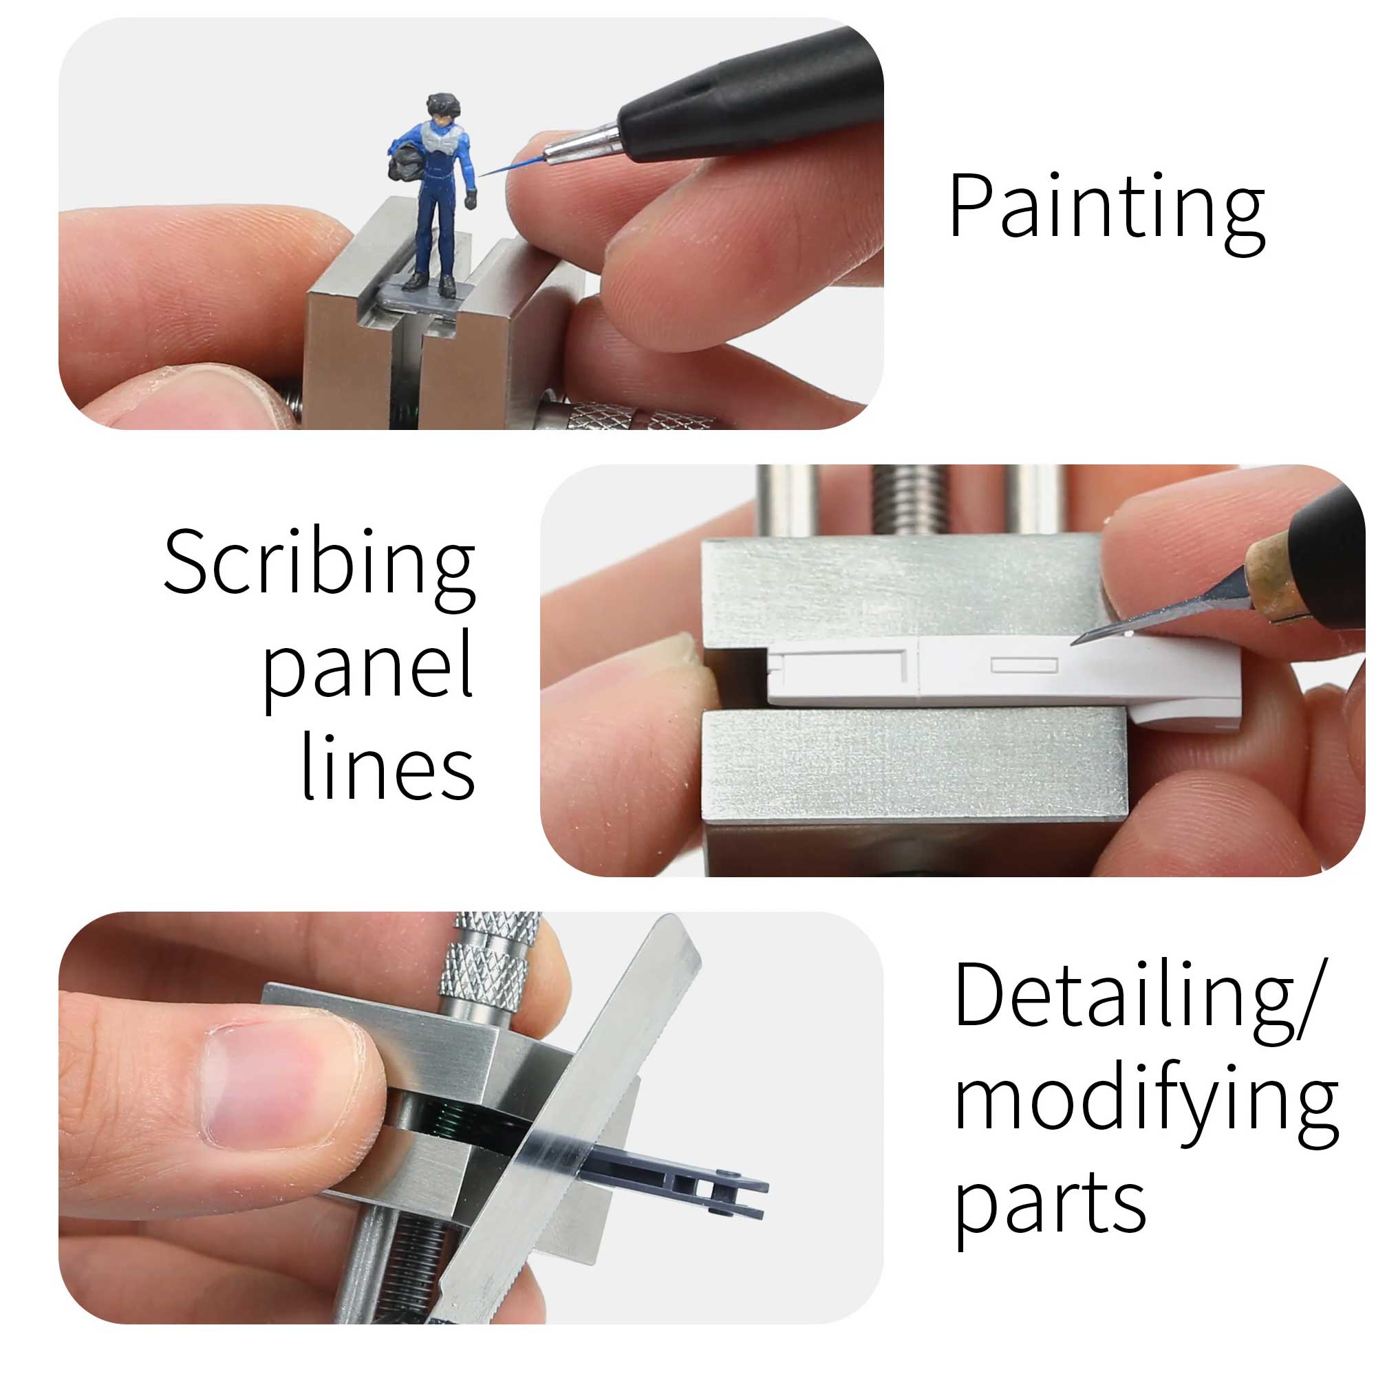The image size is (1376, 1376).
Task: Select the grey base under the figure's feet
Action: pos(423,295)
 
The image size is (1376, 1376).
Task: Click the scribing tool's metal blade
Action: pos(1161,612)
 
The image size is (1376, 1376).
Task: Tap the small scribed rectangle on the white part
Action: pos(1024,665)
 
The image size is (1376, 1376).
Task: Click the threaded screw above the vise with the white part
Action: pos(909,500)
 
